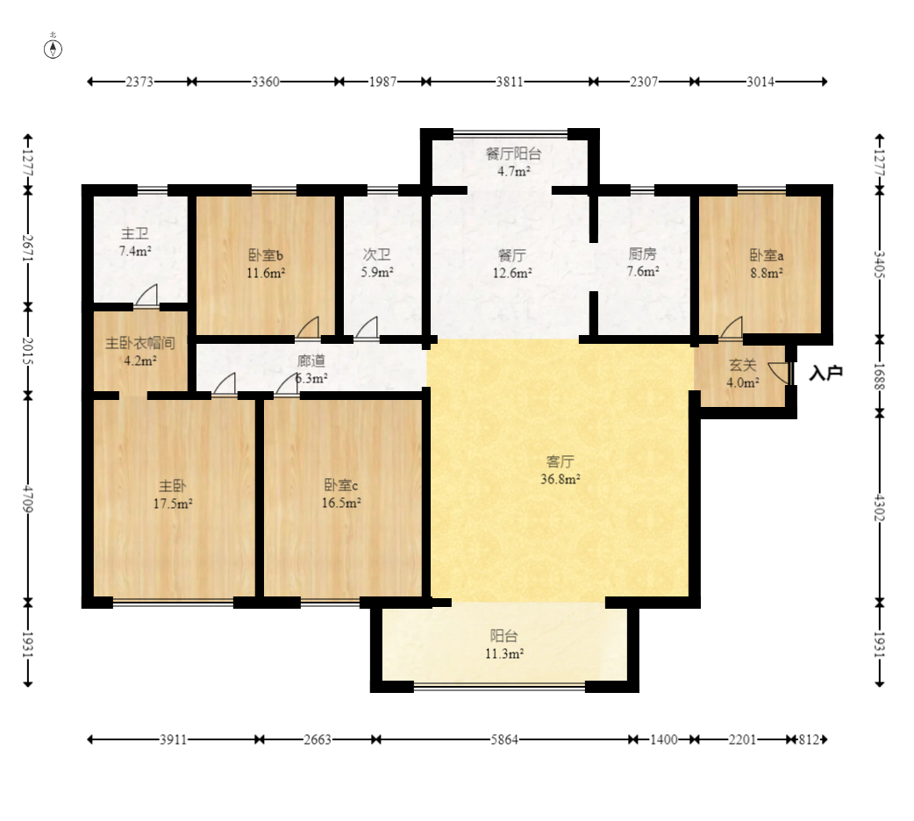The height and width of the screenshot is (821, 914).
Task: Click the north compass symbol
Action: (53, 49)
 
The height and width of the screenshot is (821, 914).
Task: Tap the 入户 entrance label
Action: (826, 373)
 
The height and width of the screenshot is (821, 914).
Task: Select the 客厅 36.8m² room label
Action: (561, 470)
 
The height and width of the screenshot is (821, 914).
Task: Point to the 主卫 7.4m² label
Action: (135, 242)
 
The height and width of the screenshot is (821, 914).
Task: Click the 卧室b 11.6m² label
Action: (266, 263)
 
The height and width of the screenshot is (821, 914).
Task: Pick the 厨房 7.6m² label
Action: (643, 262)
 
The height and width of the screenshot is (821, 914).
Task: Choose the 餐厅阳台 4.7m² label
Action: (513, 162)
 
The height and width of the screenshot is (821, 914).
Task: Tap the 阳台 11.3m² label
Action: (504, 645)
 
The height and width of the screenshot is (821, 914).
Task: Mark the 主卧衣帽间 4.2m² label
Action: (139, 352)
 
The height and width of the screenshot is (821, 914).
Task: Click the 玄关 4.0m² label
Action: (743, 374)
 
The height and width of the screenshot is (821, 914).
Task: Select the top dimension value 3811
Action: (510, 82)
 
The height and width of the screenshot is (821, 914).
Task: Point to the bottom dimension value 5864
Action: (504, 740)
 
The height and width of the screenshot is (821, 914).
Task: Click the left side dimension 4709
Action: (27, 498)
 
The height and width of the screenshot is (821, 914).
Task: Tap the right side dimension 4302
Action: (880, 508)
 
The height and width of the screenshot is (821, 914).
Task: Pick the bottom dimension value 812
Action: (809, 740)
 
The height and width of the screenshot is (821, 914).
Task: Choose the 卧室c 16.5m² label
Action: (341, 494)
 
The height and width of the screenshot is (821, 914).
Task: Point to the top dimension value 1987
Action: (382, 82)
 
